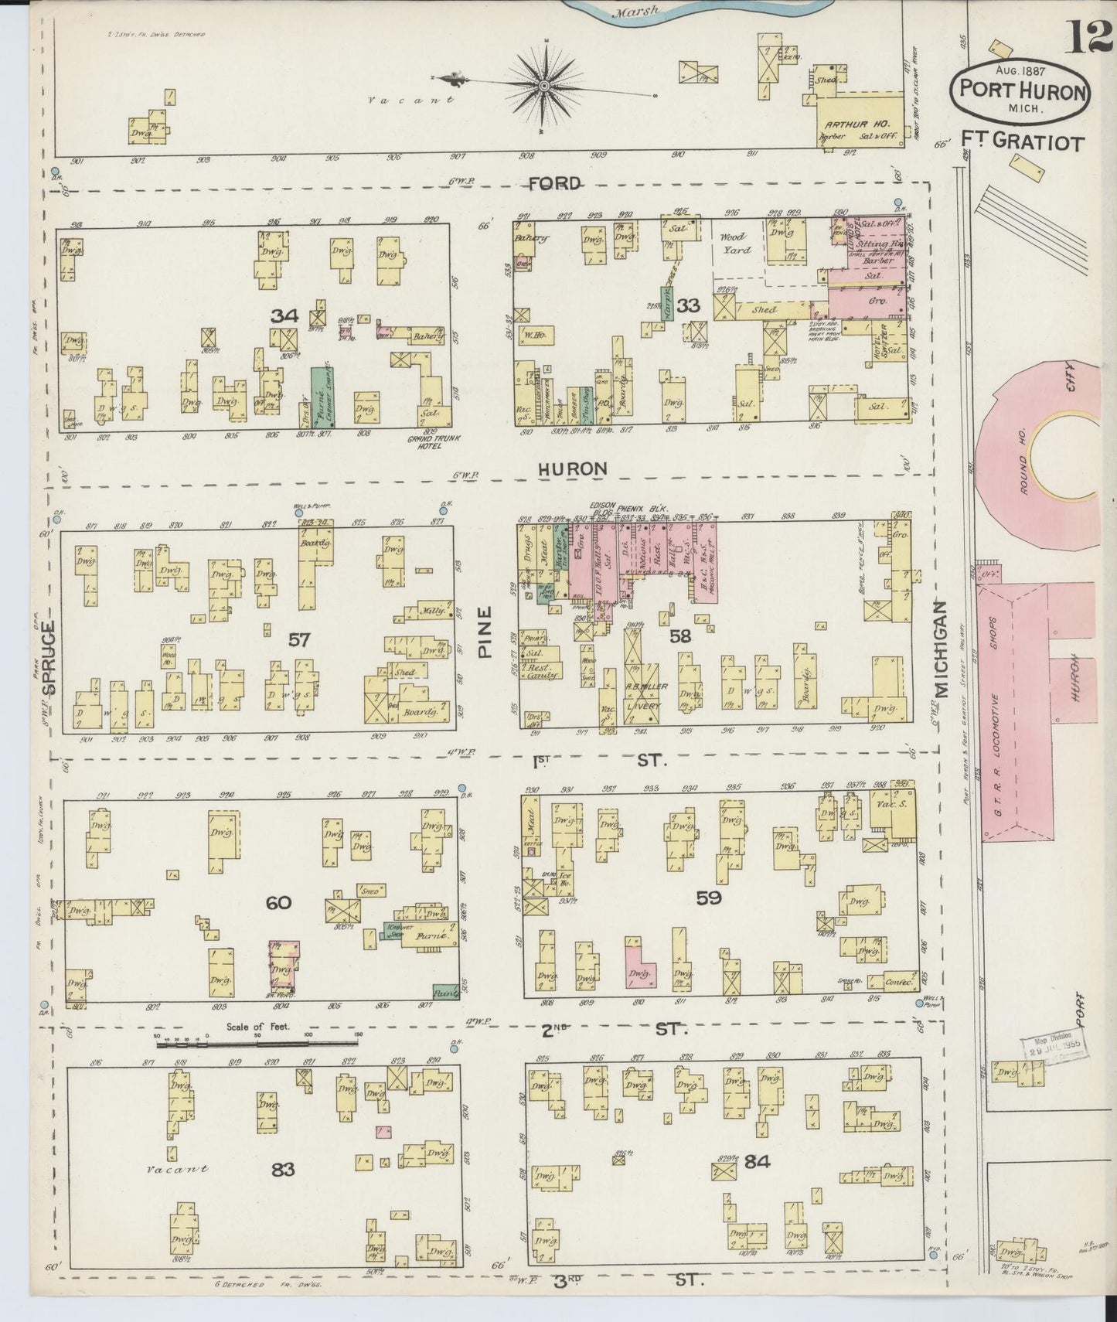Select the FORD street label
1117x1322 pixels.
tap(556, 183)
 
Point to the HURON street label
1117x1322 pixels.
tap(572, 468)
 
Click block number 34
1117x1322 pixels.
tap(284, 315)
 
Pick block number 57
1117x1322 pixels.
tap(299, 639)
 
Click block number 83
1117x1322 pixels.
tap(282, 1170)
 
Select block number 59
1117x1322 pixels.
tap(709, 898)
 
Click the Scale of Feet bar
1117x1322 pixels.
tap(260, 1044)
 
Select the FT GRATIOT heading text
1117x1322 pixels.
tap(1023, 142)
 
